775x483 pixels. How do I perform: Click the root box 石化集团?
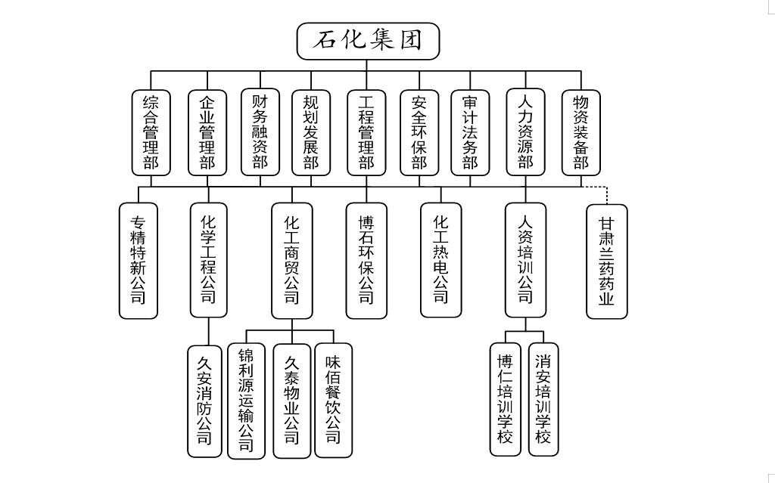coord(368,41)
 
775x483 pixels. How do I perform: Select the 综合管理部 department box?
coord(151,132)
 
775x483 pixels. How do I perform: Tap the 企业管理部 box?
coord(207,132)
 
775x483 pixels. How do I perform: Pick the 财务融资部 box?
coord(260,132)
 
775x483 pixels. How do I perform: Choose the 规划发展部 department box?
coord(311,132)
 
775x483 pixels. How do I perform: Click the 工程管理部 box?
coord(367,132)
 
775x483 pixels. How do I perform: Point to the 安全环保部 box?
coord(419,132)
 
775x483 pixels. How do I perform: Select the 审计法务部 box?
coord(470,132)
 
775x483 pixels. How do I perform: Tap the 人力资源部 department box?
coord(526,132)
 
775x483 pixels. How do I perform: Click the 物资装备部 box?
coord(580,132)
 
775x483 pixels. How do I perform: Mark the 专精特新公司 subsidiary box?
coord(139,260)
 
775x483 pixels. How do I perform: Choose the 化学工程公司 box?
coord(208,259)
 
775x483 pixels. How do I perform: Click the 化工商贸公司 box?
coord(291,260)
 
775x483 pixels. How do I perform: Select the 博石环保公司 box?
coord(366,260)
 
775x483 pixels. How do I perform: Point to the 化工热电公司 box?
coord(440,259)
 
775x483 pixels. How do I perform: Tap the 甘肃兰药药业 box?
coord(606,261)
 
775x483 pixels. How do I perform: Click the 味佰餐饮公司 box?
coord(333,400)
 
